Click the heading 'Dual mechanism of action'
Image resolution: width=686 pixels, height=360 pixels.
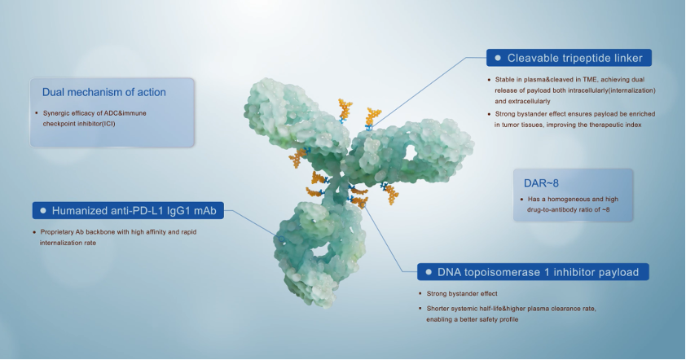click(x=104, y=92)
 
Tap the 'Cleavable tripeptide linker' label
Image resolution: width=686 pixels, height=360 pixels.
click(x=575, y=58)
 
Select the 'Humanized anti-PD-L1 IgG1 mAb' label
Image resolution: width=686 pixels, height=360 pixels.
click(x=134, y=211)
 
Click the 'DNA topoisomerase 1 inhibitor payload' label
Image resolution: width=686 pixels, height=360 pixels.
click(x=538, y=272)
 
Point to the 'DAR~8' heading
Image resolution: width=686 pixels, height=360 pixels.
click(x=541, y=183)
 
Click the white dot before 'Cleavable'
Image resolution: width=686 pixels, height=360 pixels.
click(x=498, y=58)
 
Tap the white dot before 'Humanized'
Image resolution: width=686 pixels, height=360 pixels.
click(x=43, y=210)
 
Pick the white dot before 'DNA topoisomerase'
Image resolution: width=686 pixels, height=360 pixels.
click(x=429, y=272)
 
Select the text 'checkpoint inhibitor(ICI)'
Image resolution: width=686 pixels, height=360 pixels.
click(x=79, y=124)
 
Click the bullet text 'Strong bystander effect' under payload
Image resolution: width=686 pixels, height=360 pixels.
click(x=462, y=293)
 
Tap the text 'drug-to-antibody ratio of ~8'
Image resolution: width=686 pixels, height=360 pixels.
click(x=569, y=209)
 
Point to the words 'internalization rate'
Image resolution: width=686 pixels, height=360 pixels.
click(x=68, y=243)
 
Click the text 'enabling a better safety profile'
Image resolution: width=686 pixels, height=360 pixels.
click(x=473, y=319)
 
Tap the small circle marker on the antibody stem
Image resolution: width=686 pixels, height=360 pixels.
click(x=281, y=239)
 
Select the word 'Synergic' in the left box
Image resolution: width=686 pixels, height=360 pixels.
click(x=55, y=113)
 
